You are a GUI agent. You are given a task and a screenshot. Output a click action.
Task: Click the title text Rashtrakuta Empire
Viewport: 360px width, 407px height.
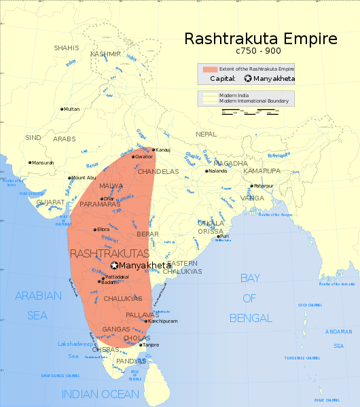pyautogui.click(x=261, y=39)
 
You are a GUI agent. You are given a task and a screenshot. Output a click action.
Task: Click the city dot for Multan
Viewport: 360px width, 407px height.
pyautogui.click(x=62, y=109)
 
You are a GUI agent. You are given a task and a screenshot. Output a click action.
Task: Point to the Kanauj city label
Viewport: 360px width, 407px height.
pyautogui.click(x=163, y=149)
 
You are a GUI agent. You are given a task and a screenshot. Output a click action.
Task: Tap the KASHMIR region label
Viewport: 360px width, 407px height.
pyautogui.click(x=106, y=54)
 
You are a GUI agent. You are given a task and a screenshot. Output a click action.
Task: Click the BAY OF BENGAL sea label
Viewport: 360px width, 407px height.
pyautogui.click(x=250, y=298)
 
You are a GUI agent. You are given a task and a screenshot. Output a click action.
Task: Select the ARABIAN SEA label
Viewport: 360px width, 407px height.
pyautogui.click(x=38, y=305)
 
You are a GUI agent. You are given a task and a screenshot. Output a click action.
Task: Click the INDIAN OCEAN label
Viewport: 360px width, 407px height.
pyautogui.click(x=101, y=394)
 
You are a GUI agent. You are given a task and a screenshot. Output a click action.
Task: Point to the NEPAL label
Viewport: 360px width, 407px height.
pyautogui.click(x=206, y=135)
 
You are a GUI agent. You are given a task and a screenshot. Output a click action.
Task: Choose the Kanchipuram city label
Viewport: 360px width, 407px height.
pyautogui.click(x=162, y=321)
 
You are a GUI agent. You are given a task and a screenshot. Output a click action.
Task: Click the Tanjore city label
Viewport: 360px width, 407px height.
pyautogui.click(x=151, y=345)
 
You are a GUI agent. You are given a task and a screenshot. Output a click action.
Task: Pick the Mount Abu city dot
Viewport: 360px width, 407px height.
pyautogui.click(x=69, y=178)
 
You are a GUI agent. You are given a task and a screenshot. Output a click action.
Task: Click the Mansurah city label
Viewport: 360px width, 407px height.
pyautogui.click(x=42, y=162)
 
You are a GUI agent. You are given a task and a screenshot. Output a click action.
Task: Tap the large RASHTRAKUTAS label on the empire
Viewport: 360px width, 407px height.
pyautogui.click(x=109, y=253)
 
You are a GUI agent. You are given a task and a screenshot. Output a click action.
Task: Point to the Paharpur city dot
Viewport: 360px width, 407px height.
pyautogui.click(x=251, y=185)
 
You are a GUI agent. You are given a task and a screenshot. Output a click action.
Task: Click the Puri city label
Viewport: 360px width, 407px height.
pyautogui.click(x=225, y=236)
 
